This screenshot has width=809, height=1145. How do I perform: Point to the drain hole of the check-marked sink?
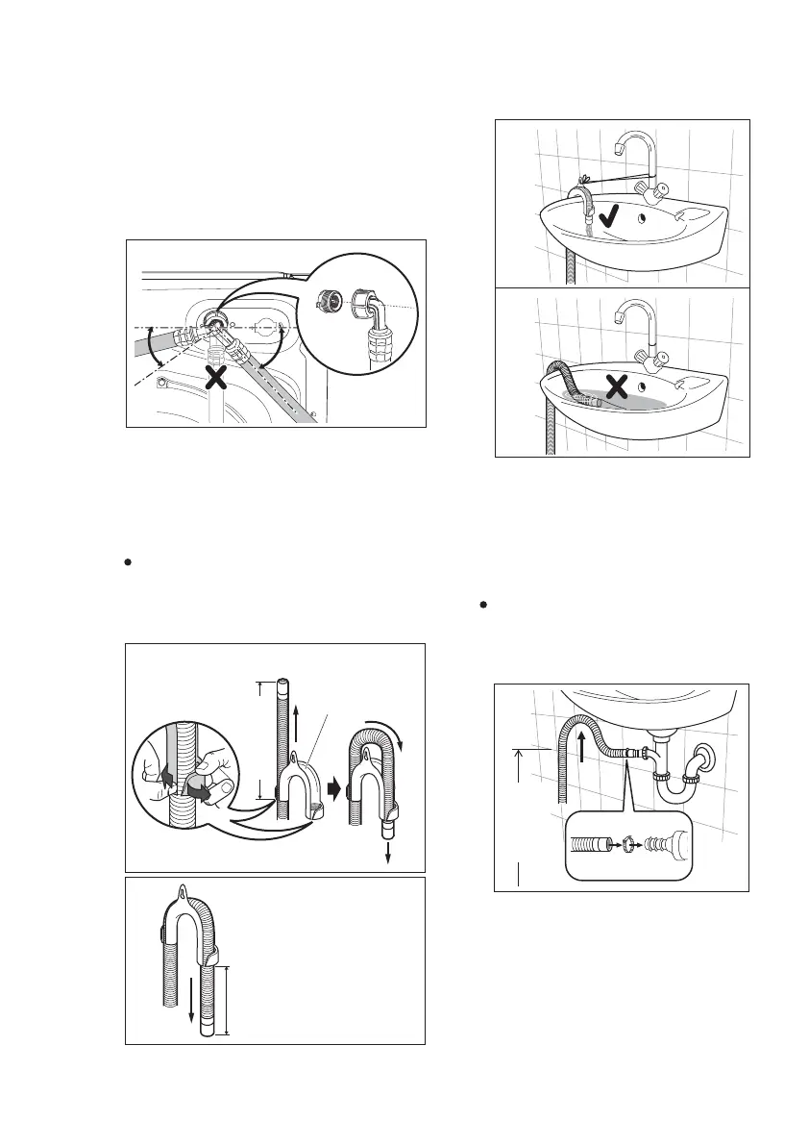click(x=641, y=217)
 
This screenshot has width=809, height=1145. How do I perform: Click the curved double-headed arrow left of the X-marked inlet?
click(x=150, y=353)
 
